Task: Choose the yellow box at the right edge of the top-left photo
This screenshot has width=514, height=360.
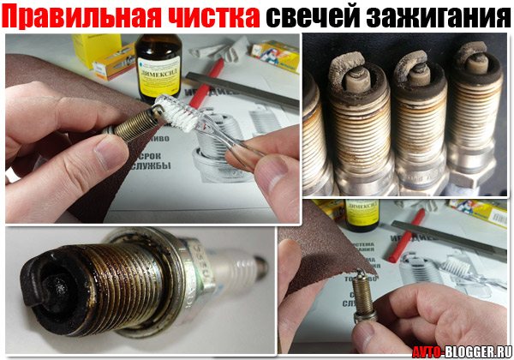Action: coord(274,56)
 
